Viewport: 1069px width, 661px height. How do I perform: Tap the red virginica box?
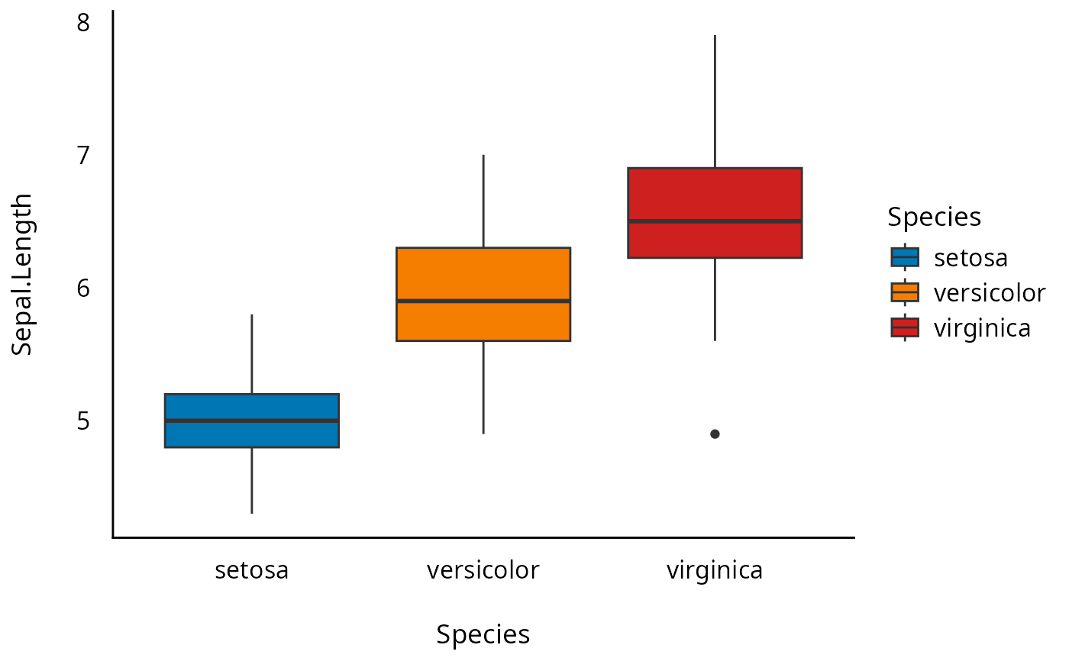pos(715,194)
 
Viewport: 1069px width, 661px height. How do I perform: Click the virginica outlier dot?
pos(715,434)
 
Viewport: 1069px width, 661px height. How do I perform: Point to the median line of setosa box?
pos(252,421)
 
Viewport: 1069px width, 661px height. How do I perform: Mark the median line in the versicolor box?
pos(483,301)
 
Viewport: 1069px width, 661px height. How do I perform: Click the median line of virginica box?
pos(715,221)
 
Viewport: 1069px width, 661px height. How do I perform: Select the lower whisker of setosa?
pos(252,480)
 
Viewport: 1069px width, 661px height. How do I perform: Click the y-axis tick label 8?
pos(83,23)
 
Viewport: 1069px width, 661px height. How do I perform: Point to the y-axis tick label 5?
pos(83,421)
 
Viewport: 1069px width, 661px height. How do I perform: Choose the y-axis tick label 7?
pos(83,156)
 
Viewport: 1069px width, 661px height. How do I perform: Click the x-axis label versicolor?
pos(483,570)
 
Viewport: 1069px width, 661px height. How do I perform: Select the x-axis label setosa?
pos(252,570)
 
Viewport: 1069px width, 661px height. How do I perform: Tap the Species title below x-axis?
pos(483,634)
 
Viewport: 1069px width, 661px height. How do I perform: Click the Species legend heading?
pos(934,218)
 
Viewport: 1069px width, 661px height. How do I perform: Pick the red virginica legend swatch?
pos(906,327)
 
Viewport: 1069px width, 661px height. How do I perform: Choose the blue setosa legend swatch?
pos(906,257)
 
